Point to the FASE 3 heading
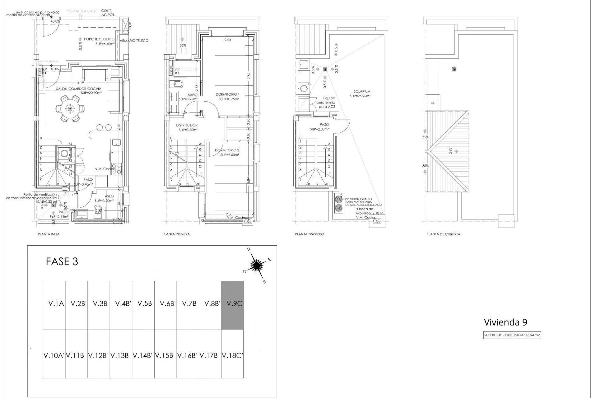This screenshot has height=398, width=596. pos(62,261)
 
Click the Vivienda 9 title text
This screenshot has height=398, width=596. pos(505,322)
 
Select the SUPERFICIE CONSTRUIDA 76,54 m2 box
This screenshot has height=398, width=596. pos(512,335)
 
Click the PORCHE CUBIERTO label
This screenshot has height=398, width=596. pos(99,39)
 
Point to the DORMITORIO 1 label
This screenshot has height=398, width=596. pos(228,94)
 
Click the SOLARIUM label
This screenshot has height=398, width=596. pos(362,91)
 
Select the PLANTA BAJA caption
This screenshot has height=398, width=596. pos(48,234)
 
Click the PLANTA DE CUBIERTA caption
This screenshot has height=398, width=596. pos(443,234)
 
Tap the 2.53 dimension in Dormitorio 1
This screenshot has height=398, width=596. pos(228,40)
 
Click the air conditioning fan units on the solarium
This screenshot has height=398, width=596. pos(338,204)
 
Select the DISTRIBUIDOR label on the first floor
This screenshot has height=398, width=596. pos(187,125)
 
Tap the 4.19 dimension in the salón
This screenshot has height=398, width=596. pos(81,83)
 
